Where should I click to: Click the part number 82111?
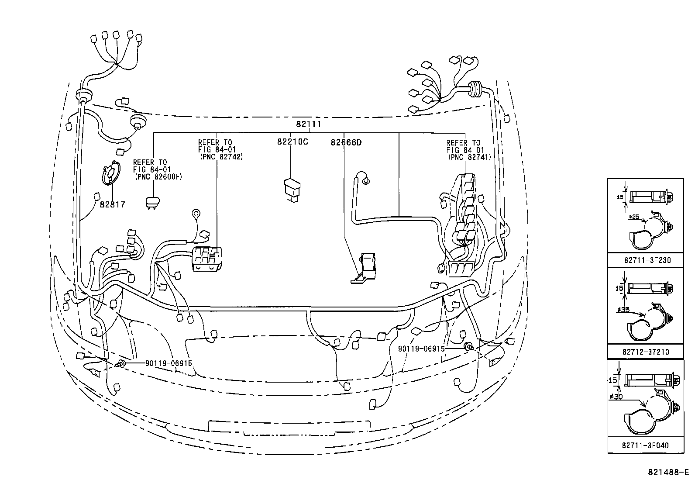click(308, 124)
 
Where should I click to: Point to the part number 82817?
click(112, 204)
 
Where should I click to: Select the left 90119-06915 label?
click(169, 363)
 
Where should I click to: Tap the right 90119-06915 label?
click(421, 349)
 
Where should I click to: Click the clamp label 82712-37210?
click(646, 352)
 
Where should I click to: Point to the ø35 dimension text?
click(623, 310)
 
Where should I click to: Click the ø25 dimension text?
click(634, 216)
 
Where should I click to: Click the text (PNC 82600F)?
click(158, 177)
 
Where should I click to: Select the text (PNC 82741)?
click(469, 157)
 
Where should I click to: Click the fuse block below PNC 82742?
click(206, 259)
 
